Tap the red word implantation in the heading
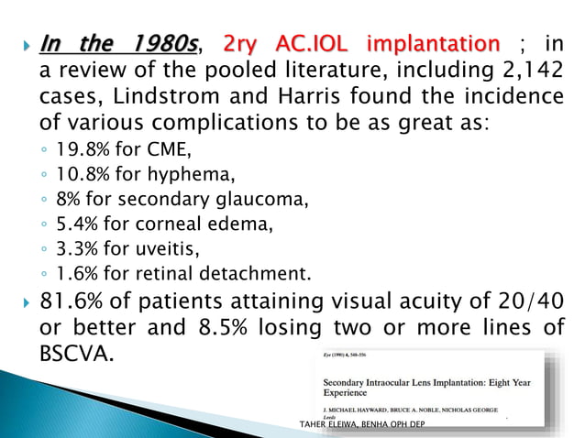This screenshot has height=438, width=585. pos(433,43)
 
